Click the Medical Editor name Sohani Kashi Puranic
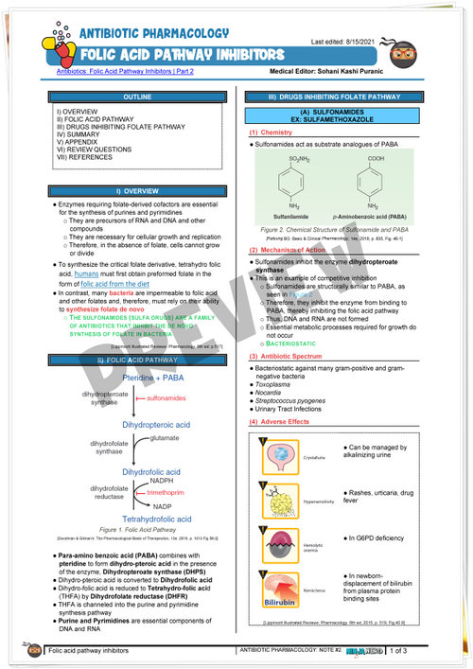pyautogui.click(x=384, y=72)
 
